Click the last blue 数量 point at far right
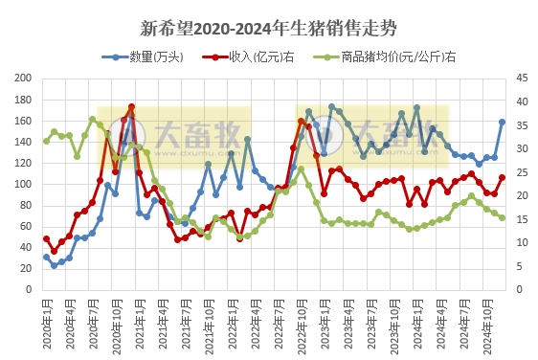click(502, 122)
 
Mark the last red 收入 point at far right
click(502, 177)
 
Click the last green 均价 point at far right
click(502, 217)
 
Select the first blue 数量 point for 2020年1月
click(46, 257)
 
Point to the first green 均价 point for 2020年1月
click(46, 141)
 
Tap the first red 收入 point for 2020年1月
click(46, 238)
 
